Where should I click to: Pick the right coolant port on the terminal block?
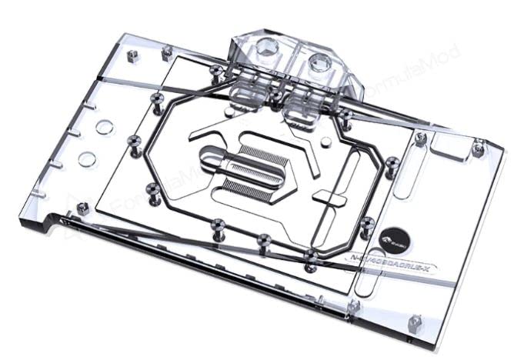pos(317,62)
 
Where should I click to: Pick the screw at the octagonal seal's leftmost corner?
pos(134,140)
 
